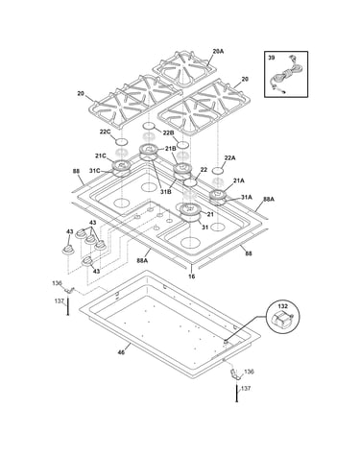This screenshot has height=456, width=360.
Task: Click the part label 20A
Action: coord(218,51)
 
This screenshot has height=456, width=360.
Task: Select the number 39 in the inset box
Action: coord(271,58)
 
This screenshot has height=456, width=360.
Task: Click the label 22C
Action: coord(105,132)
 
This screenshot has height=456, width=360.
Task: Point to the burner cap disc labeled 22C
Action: coord(121,141)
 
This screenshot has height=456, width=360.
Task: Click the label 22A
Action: coord(229,157)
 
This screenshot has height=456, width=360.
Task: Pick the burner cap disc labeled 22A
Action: coord(218,169)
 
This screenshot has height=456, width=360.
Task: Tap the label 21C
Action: coord(100,156)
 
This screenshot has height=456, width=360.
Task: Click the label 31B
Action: coord(166,191)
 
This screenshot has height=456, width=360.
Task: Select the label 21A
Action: coord(239,180)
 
